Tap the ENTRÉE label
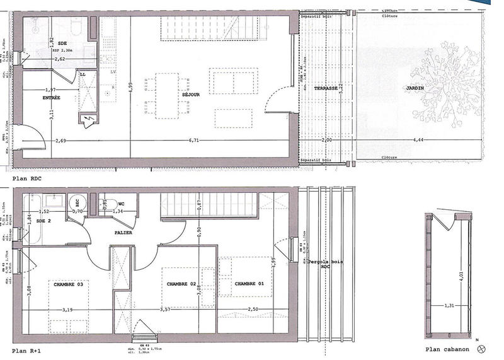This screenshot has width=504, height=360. point(52,98)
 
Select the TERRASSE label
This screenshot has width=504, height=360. point(326,88)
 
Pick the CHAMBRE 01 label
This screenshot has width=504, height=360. point(249,284)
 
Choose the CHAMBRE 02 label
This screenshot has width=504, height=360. point(181,284)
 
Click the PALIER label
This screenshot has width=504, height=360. point(123,233)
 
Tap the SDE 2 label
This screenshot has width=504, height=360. point(43,221)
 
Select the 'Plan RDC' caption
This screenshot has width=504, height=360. point(28,179)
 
